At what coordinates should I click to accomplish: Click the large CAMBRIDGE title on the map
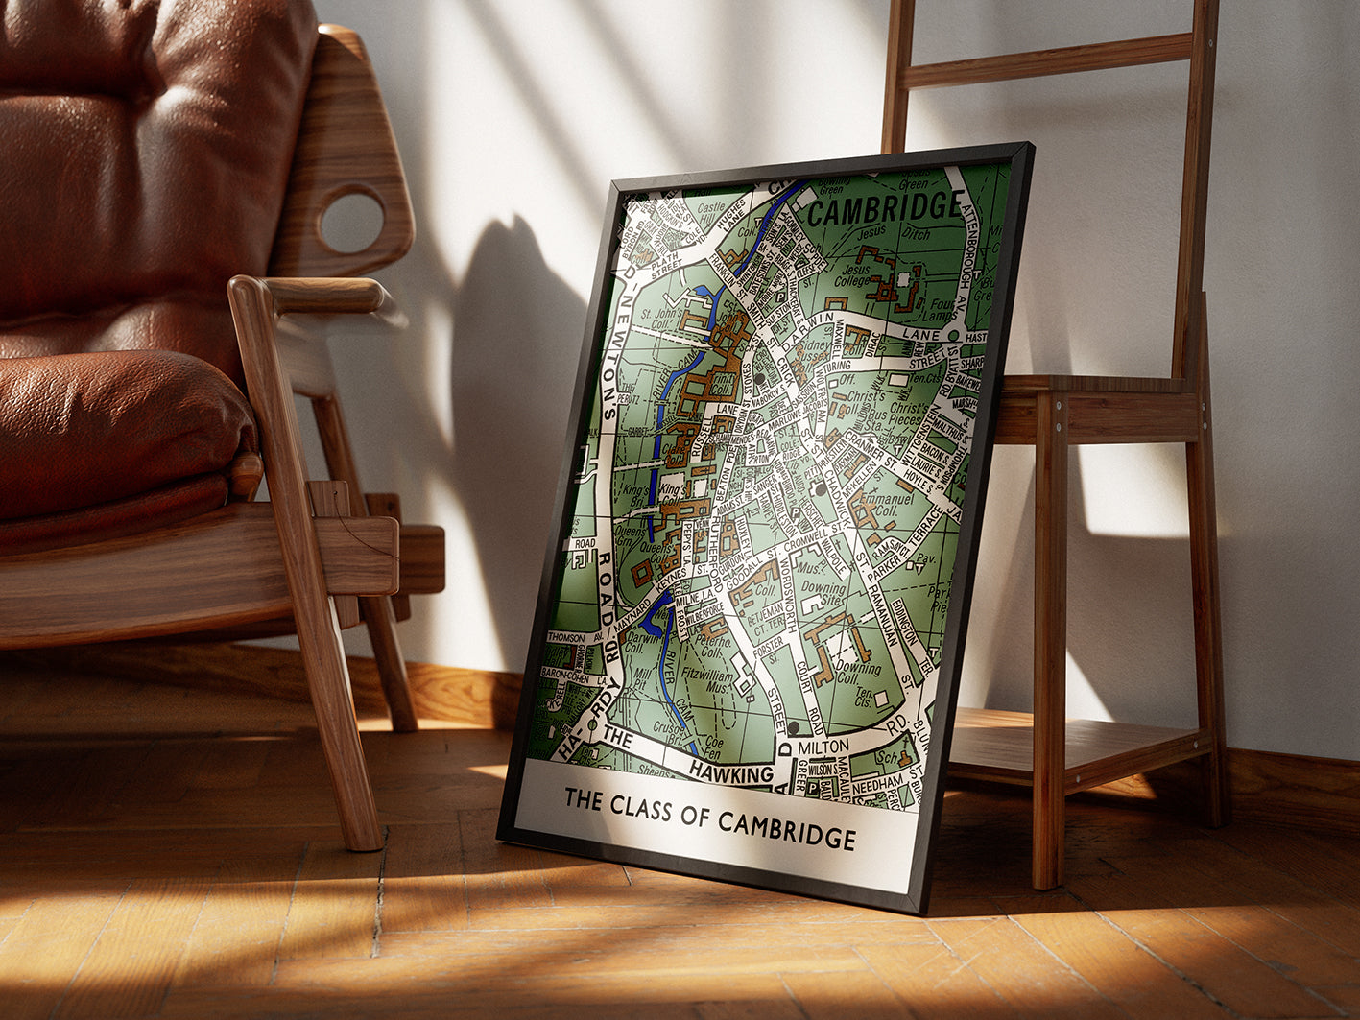[x=885, y=207]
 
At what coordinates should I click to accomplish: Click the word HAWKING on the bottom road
[x=731, y=773]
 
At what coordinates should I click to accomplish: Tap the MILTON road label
[x=823, y=747]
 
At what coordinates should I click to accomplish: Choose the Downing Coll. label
[x=844, y=670]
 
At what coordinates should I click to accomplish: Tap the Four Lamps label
[x=943, y=310]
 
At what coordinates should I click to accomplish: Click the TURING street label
[x=837, y=368]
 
